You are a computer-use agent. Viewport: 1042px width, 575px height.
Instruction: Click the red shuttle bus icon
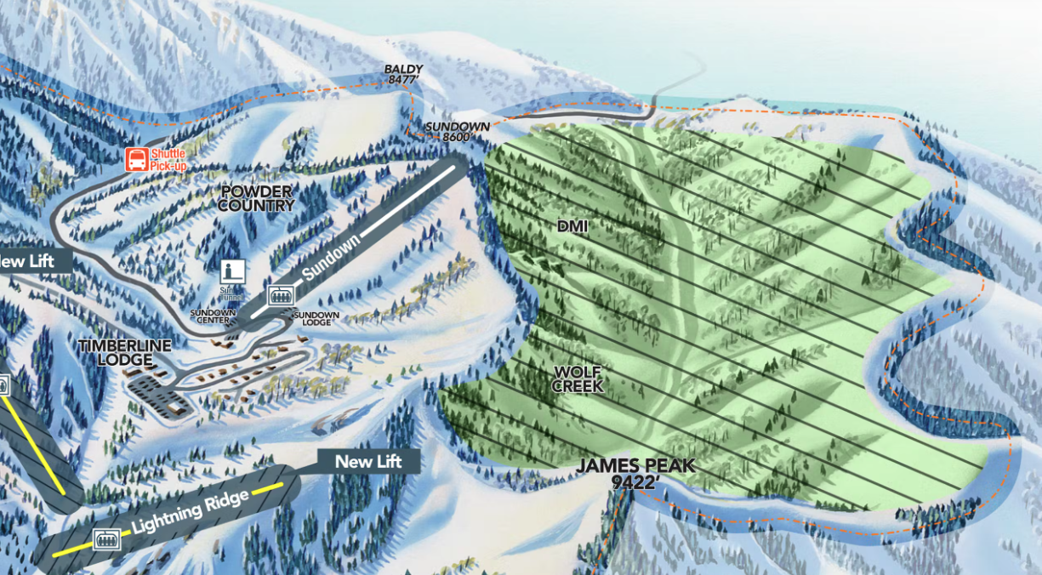click(x=135, y=159)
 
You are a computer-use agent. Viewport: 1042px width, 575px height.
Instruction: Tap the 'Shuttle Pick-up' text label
click(x=167, y=160)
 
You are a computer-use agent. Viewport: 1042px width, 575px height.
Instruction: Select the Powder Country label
click(x=256, y=198)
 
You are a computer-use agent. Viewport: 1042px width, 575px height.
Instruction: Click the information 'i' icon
click(x=232, y=271)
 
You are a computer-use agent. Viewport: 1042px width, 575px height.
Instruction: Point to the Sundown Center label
click(x=214, y=316)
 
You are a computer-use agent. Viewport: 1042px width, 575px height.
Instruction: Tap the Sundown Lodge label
click(x=316, y=318)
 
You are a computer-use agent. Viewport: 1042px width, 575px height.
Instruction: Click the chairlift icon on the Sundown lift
click(x=279, y=296)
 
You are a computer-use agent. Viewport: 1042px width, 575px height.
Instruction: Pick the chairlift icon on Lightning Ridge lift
click(x=106, y=538)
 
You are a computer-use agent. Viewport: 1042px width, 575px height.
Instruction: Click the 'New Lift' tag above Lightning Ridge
click(x=367, y=461)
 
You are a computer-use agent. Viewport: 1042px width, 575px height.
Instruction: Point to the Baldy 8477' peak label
click(x=403, y=74)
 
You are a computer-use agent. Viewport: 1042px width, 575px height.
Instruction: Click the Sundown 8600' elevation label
click(x=458, y=131)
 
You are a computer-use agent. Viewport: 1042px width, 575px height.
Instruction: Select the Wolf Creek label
click(x=578, y=379)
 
